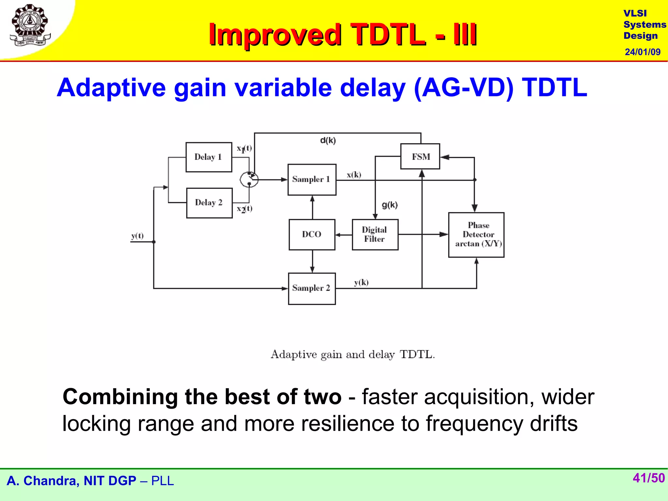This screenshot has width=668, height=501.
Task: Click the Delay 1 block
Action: (x=209, y=157)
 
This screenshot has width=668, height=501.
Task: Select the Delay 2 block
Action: (x=209, y=203)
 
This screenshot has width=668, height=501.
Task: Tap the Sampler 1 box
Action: (x=312, y=179)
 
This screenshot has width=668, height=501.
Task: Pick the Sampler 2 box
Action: (x=312, y=289)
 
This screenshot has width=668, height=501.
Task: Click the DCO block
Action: (x=312, y=235)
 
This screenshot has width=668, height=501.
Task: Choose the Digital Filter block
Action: (x=375, y=235)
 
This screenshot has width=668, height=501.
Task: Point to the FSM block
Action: (x=420, y=157)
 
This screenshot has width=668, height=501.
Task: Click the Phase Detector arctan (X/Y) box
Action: (x=476, y=235)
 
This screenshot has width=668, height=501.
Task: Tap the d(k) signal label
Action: (x=328, y=141)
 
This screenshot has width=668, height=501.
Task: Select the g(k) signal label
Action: (x=390, y=205)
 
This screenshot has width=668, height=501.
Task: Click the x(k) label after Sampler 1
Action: (x=354, y=175)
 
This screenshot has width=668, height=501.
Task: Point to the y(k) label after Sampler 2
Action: (x=361, y=282)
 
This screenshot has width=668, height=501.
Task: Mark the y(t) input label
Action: (x=137, y=236)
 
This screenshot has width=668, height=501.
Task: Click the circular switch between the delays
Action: (x=249, y=179)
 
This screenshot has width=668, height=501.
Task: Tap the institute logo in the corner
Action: (x=30, y=25)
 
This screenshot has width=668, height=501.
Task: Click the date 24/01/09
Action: (x=642, y=52)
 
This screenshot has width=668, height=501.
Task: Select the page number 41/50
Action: (x=648, y=478)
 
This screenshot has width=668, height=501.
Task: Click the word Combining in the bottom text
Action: (x=120, y=397)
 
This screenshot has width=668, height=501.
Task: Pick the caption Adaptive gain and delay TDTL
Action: (x=353, y=355)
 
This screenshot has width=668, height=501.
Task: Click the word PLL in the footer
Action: (x=162, y=481)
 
